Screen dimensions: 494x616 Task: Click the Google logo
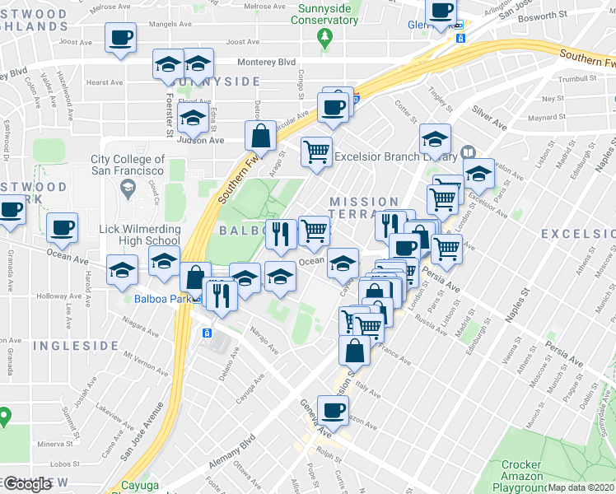[x=26, y=484]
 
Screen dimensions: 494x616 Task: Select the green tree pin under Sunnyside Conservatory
[x=325, y=38]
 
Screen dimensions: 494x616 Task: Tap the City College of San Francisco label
[x=128, y=165]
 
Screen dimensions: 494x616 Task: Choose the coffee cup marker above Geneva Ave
[x=334, y=409]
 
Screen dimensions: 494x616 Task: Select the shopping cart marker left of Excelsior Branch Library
[x=316, y=152]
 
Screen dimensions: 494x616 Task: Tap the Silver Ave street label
[x=489, y=116]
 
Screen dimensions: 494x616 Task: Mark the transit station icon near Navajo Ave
[x=207, y=333]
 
